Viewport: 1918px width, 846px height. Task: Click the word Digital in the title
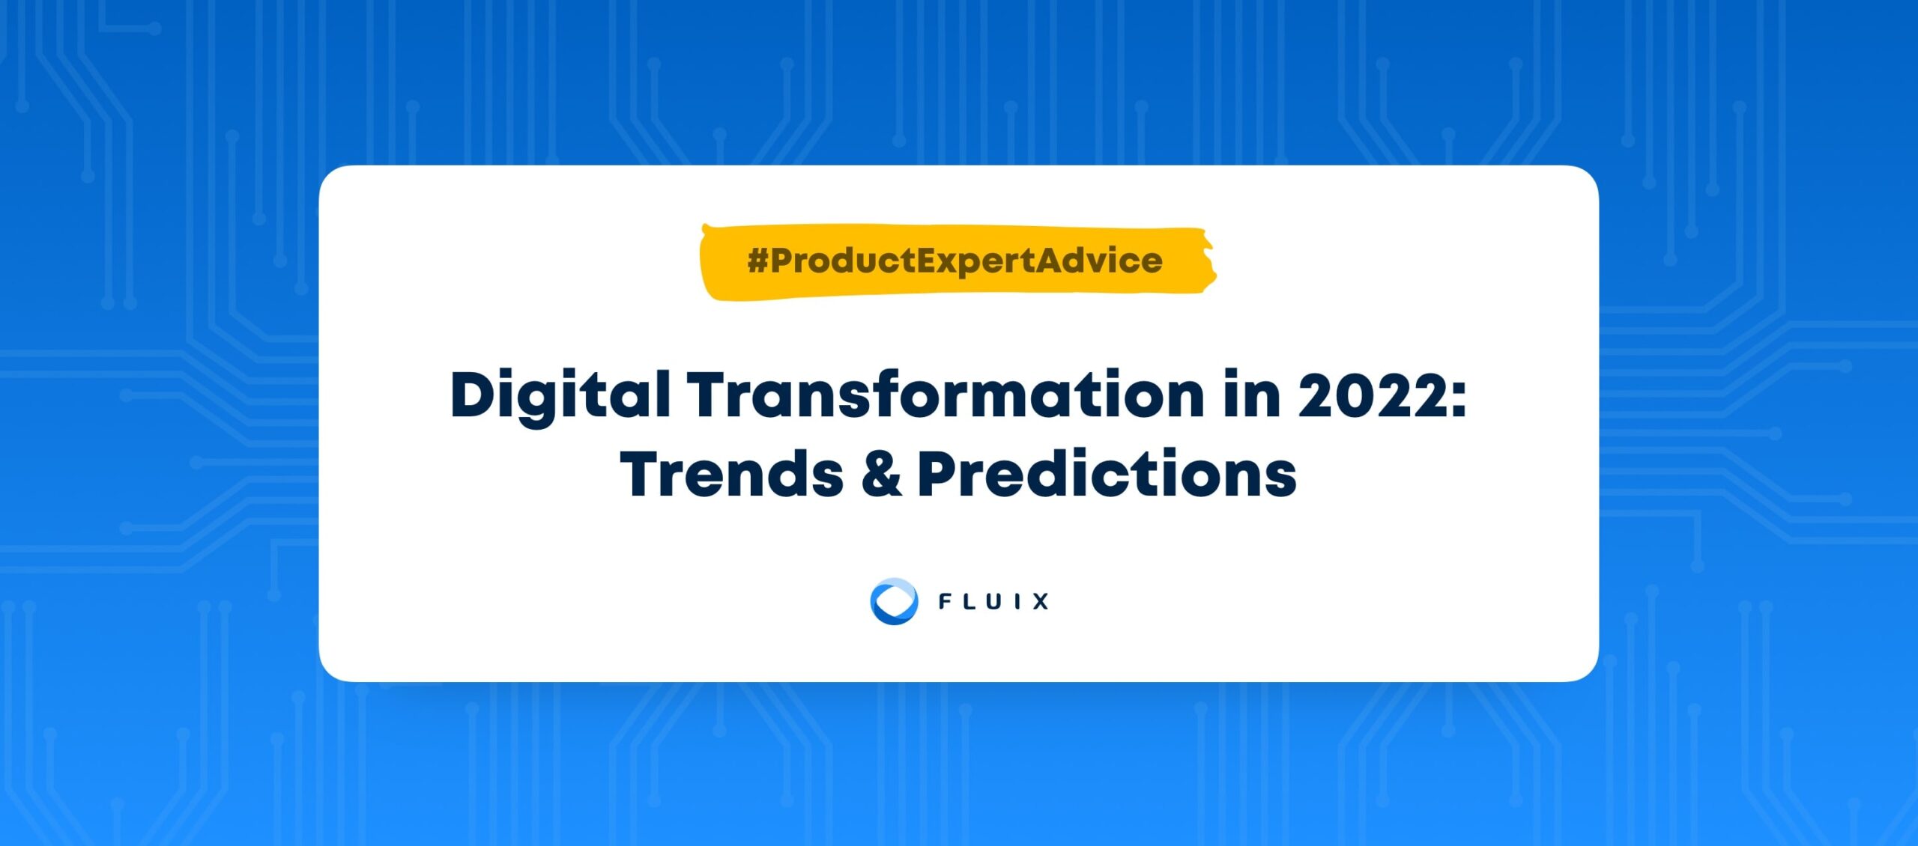coord(560,397)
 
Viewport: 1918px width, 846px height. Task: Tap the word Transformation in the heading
coord(946,394)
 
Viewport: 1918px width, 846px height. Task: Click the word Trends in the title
coord(731,474)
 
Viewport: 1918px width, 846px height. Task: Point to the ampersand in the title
coord(881,475)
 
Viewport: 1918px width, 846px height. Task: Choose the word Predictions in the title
coord(1107,474)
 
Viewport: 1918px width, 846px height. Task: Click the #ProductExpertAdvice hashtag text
coord(955,261)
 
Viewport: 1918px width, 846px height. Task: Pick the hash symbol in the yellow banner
coord(757,261)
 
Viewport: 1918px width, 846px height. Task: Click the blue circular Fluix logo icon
coord(894,601)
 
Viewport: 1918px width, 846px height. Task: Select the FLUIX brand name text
coord(993,601)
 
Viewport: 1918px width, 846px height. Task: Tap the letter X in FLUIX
coord(1040,601)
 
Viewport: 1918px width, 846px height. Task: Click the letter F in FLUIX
coord(946,601)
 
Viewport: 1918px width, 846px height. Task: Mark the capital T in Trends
coord(642,475)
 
